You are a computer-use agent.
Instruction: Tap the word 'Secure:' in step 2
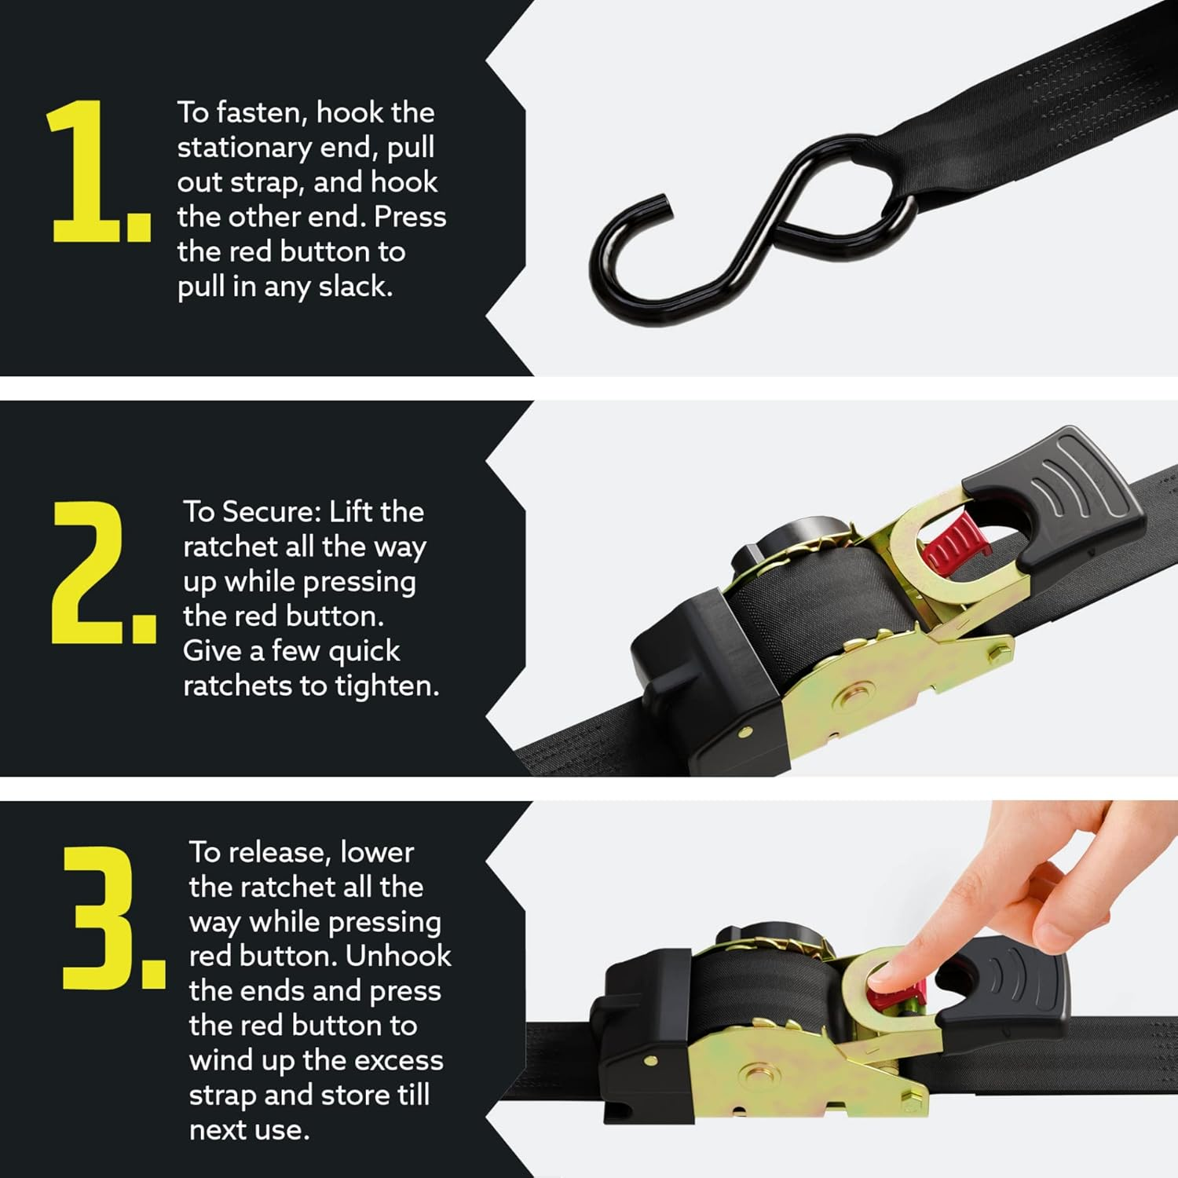click(272, 512)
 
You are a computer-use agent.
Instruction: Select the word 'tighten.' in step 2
click(387, 686)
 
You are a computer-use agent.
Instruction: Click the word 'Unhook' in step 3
click(398, 957)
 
